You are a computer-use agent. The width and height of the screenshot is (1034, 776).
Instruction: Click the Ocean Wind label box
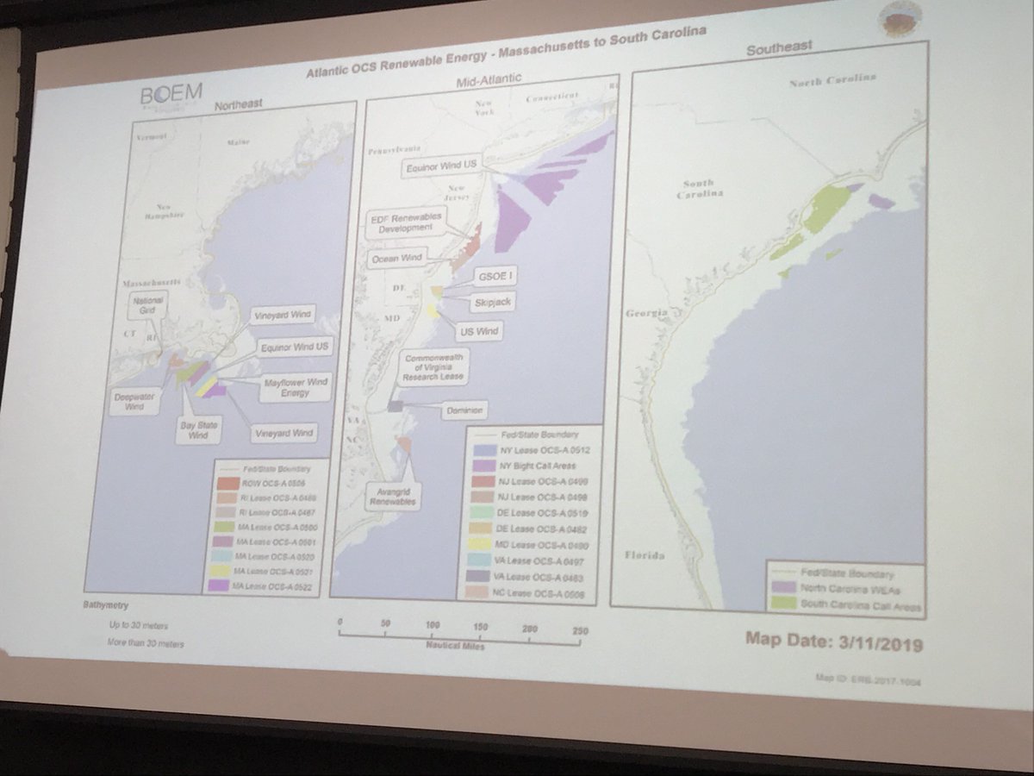[396, 259]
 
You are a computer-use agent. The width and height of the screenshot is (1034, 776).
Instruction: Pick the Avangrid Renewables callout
[394, 498]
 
